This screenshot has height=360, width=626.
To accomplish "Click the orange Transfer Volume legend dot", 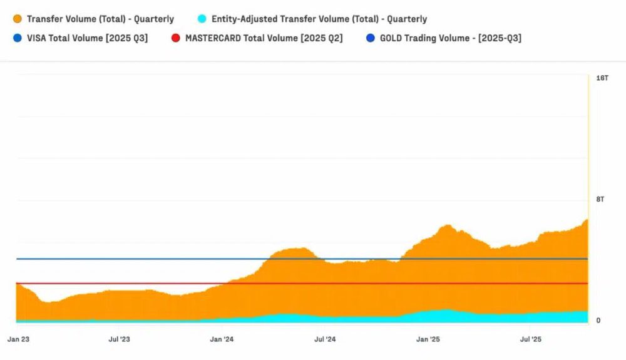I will pyautogui.click(x=17, y=19).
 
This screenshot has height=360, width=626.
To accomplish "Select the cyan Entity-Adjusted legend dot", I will pyautogui.click(x=202, y=19).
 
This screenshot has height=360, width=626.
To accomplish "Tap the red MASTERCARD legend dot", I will pyautogui.click(x=175, y=38).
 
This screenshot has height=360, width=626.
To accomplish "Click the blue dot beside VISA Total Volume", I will pyautogui.click(x=17, y=38).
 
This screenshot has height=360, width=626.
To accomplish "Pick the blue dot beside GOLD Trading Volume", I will pyautogui.click(x=370, y=38).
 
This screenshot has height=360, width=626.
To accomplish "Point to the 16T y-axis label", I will pyautogui.click(x=602, y=78).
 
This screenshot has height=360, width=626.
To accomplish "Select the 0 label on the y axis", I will pyautogui.click(x=598, y=321).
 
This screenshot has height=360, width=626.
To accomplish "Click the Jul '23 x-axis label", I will pyautogui.click(x=119, y=339).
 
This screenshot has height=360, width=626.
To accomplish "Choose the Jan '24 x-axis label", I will pyautogui.click(x=222, y=339).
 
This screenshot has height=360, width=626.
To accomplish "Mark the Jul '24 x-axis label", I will pyautogui.click(x=324, y=339).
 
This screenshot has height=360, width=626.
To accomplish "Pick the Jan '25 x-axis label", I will pyautogui.click(x=428, y=339).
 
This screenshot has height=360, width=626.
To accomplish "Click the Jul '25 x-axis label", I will pyautogui.click(x=531, y=339).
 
